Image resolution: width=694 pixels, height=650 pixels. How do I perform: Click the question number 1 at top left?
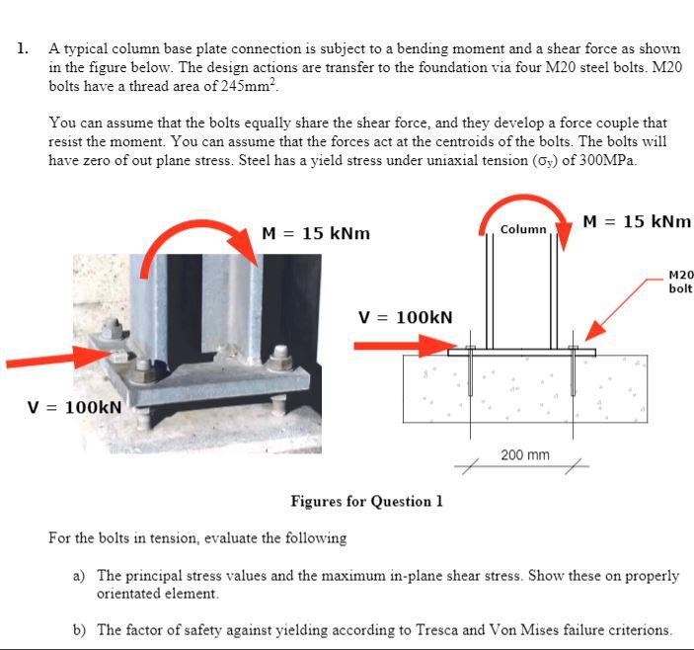tap(22, 47)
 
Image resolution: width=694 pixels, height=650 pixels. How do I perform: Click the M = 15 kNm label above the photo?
tap(316, 233)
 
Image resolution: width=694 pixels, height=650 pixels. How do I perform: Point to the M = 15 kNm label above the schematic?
tap(637, 221)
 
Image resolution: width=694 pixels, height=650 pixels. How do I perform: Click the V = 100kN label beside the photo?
tap(75, 406)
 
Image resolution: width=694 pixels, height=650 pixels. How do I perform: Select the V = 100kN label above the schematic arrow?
tap(405, 317)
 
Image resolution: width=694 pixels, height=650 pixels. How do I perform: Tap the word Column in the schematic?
tap(523, 229)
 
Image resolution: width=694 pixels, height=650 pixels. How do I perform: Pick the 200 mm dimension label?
tap(525, 455)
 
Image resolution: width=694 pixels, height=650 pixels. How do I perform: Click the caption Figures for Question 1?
tap(366, 501)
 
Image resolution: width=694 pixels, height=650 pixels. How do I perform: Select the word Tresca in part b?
tap(448, 628)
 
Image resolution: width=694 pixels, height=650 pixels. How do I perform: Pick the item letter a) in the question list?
tap(78, 575)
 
